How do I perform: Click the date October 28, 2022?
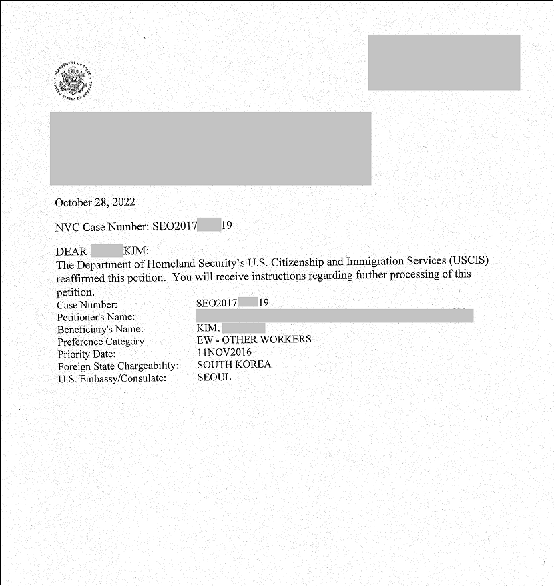click(x=95, y=202)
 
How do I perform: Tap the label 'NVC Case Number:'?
click(x=102, y=226)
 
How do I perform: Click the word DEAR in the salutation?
click(x=71, y=251)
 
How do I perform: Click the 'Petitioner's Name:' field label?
click(x=96, y=317)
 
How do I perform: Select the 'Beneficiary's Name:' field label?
click(x=100, y=329)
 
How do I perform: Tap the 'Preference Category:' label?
click(x=102, y=342)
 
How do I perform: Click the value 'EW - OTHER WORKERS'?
click(x=254, y=340)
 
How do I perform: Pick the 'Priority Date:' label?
click(x=86, y=354)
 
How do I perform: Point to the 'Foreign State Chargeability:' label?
click(x=118, y=366)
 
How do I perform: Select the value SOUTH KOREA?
click(x=234, y=364)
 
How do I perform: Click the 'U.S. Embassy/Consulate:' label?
click(x=111, y=378)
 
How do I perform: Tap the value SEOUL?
click(x=214, y=377)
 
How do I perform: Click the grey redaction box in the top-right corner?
click(x=444, y=63)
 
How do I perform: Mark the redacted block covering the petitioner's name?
click(x=334, y=316)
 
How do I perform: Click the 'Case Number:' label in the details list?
click(x=87, y=305)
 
